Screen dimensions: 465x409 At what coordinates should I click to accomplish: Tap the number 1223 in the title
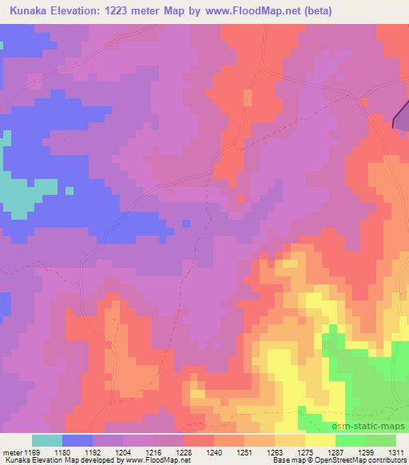coord(132,10)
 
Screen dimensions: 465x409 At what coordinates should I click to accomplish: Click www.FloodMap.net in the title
coord(242,10)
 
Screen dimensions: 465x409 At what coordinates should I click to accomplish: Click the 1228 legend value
coord(184,451)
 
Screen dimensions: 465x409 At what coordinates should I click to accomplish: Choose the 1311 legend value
coord(396,451)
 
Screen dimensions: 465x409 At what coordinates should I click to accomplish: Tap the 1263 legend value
coord(275,451)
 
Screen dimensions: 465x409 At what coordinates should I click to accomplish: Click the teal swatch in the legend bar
coord(47,440)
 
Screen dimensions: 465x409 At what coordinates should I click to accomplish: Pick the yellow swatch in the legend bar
coord(320,440)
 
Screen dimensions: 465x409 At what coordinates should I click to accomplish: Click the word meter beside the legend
coord(11,451)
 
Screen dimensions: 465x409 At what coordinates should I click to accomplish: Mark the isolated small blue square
coord(69,190)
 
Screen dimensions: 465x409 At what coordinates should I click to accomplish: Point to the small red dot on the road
coord(363,101)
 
